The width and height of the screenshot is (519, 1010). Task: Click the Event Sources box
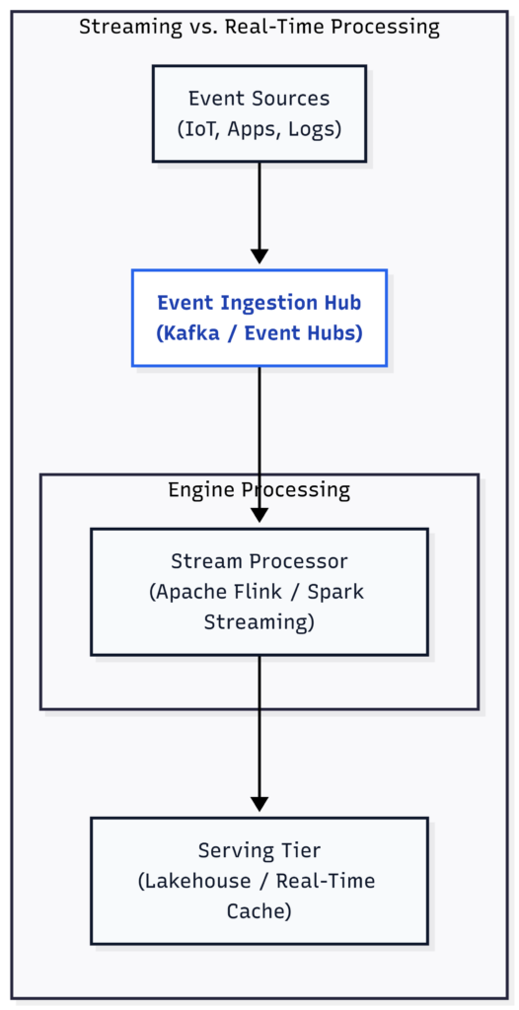pyautogui.click(x=259, y=113)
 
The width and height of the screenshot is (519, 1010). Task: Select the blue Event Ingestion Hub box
pyautogui.click(x=259, y=319)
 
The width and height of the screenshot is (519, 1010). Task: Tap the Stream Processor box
pyautogui.click(x=259, y=592)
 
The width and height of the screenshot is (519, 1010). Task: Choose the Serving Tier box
pyautogui.click(x=259, y=881)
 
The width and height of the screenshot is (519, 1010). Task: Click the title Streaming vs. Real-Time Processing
pyautogui.click(x=259, y=27)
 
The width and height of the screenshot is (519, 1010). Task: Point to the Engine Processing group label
pyautogui.click(x=259, y=489)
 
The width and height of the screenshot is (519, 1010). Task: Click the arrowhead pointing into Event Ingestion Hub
pyautogui.click(x=259, y=255)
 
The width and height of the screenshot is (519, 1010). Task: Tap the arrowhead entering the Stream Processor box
pyautogui.click(x=259, y=515)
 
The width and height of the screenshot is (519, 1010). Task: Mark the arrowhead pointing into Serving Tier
pyautogui.click(x=259, y=803)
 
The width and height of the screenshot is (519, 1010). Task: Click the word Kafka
pyautogui.click(x=189, y=333)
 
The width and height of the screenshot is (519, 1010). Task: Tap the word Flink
pyautogui.click(x=257, y=592)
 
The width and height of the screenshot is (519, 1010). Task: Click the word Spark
pyautogui.click(x=337, y=592)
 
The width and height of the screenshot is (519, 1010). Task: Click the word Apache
pyautogui.click(x=189, y=592)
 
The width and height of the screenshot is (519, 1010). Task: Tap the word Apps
pyautogui.click(x=252, y=130)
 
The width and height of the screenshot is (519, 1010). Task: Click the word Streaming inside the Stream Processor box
pyautogui.click(x=256, y=623)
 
